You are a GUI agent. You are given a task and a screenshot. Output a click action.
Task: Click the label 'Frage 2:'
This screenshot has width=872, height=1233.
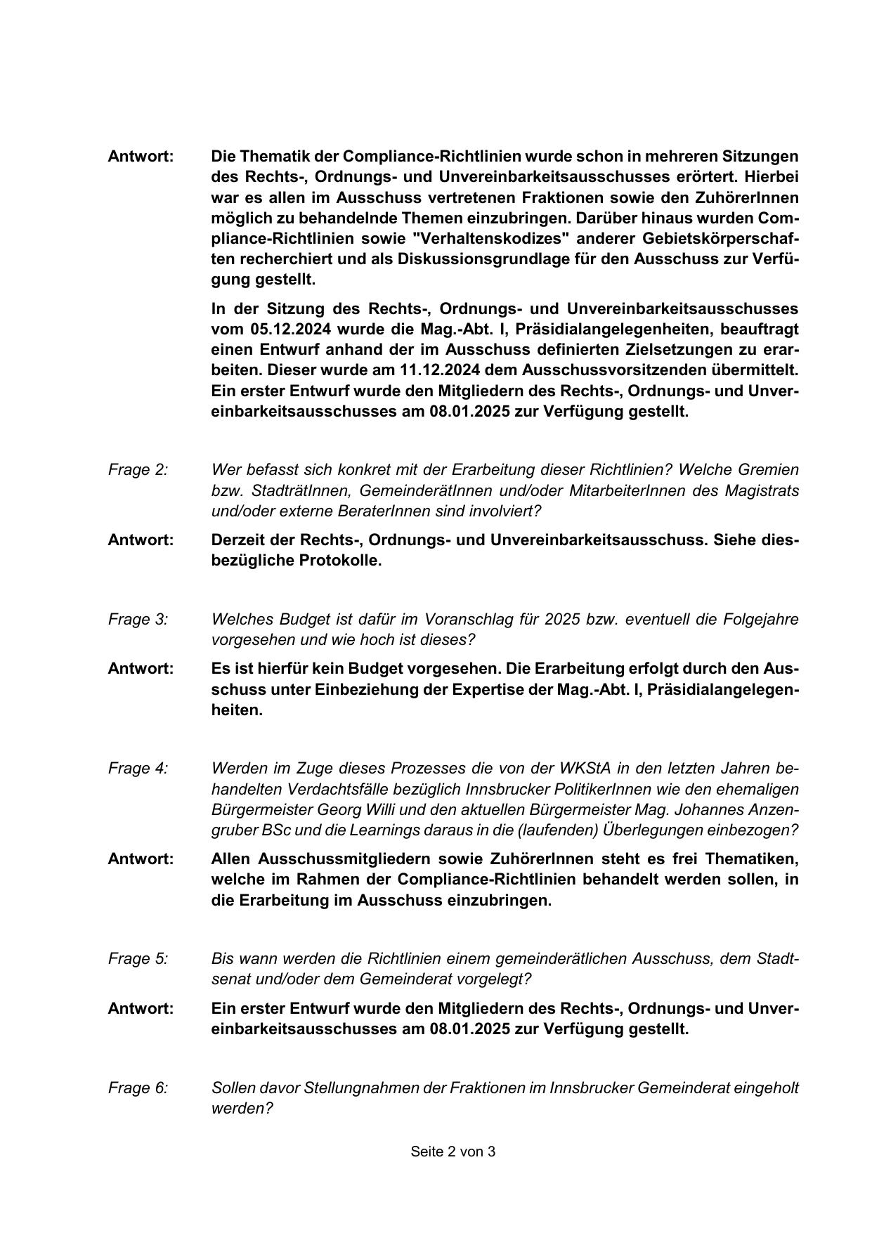point(138,470)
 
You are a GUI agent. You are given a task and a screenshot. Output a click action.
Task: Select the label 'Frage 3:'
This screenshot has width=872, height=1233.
point(138,620)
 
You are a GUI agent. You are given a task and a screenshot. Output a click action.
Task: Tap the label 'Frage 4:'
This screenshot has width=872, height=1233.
point(138,769)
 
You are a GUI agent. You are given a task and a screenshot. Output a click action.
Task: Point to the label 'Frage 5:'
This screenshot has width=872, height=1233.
point(138,959)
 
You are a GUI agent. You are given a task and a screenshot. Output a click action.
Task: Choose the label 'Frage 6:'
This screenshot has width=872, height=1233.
point(138,1088)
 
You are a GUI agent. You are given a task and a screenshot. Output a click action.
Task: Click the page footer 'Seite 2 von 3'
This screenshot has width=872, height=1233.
point(453,1152)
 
